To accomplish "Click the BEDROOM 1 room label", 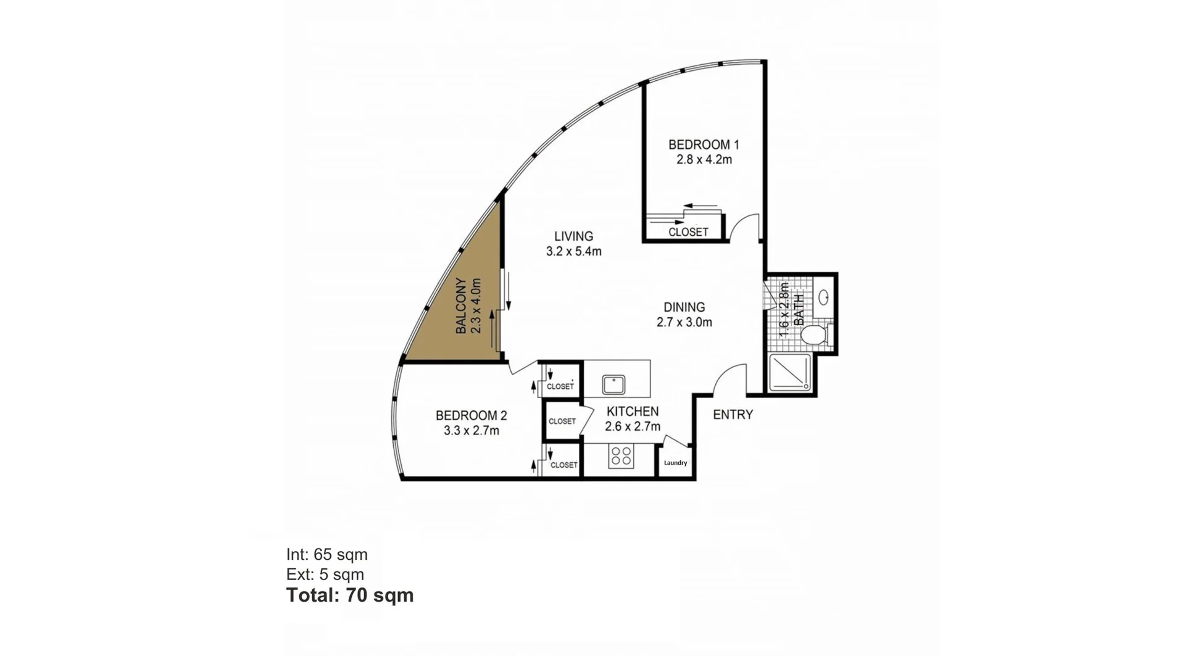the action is tap(704, 144).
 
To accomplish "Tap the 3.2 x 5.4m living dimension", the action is tap(573, 251).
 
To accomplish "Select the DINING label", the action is tap(684, 307).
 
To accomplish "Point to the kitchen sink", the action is tap(613, 384).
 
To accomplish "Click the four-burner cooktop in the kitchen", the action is tap(621, 457).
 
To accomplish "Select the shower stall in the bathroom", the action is tap(790, 373).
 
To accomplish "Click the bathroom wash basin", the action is tap(823, 297).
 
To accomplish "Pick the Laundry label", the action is tap(675, 463).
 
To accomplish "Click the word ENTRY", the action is tap(733, 415).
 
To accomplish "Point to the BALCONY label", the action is tap(461, 306).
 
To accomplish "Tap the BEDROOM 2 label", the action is tap(471, 415).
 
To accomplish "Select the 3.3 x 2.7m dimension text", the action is tap(471, 431).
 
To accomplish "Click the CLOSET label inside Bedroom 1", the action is tap(688, 232).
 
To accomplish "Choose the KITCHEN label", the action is tap(633, 411).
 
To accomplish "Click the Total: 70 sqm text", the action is tap(350, 595).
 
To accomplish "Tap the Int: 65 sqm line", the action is tap(326, 554).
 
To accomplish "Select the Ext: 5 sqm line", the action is tap(325, 575).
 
